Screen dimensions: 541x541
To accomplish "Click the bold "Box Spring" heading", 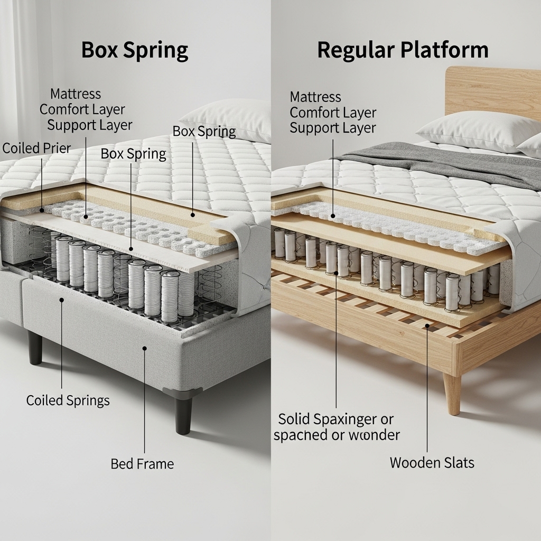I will point(134,51).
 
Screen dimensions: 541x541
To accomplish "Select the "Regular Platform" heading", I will point(403,50).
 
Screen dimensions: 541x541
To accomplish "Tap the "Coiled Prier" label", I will point(36,148).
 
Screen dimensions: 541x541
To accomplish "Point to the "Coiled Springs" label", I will point(68,400).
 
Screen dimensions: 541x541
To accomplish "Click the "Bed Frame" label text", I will point(142,464).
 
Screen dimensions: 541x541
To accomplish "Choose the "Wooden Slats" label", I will point(432,463).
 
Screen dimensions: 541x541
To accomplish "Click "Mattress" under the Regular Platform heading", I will point(315,97).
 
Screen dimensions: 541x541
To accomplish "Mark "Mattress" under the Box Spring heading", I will point(76,94).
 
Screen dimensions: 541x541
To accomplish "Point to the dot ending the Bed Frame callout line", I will point(144,348).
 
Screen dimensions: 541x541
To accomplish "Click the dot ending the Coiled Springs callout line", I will point(62,300).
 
